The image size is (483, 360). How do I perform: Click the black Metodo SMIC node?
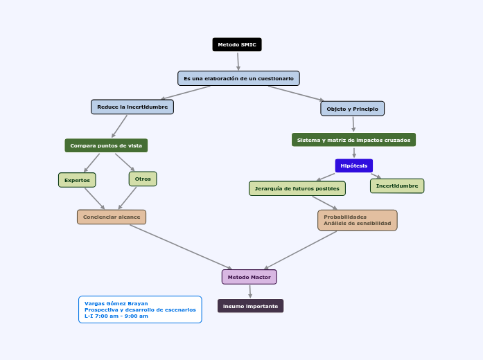tap(237, 45)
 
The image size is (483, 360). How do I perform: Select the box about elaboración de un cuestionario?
tap(238, 78)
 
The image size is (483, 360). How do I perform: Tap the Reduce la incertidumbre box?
tap(132, 107)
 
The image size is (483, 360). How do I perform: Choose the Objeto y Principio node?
tap(352, 109)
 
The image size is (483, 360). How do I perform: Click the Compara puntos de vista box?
tap(106, 145)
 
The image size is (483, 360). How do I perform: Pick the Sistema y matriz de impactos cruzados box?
tap(353, 140)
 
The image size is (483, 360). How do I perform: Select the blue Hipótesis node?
tap(353, 165)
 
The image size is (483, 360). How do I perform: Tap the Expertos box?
tap(77, 180)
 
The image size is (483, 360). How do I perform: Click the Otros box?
tap(143, 179)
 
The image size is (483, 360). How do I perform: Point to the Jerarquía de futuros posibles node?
tap(297, 188)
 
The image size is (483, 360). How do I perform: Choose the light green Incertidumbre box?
tap(397, 186)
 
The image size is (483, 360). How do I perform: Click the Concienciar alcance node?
tap(112, 217)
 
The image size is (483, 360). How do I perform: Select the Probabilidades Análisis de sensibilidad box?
tap(357, 220)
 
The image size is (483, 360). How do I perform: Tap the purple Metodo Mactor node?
tap(249, 277)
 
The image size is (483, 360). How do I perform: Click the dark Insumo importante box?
tap(250, 306)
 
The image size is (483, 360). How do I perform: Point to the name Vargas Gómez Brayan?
tap(116, 303)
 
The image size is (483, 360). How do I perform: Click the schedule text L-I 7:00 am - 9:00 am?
tap(116, 316)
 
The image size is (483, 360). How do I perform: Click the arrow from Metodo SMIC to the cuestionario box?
tap(238, 61)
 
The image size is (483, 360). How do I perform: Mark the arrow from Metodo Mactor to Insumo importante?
tap(250, 291)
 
